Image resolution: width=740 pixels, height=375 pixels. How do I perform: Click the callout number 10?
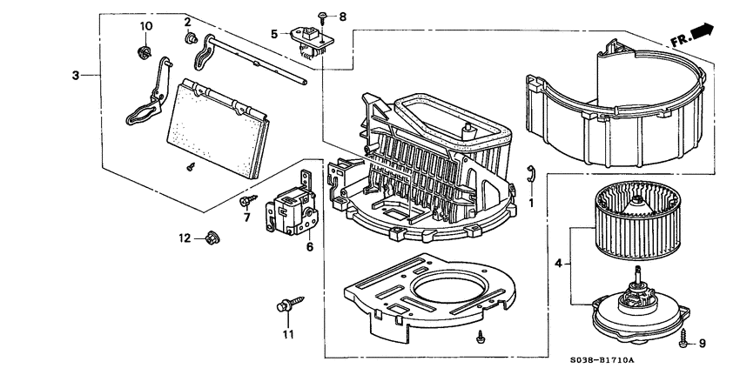(146, 26)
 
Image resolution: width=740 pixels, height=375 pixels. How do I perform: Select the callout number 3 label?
(77, 76)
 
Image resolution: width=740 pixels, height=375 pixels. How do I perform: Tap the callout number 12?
(185, 238)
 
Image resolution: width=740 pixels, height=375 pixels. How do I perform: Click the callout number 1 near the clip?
(530, 202)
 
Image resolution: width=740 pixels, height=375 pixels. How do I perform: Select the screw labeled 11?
(285, 307)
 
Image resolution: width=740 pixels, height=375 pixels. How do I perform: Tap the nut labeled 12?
(211, 237)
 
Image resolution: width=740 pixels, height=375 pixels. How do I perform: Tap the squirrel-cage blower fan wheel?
(636, 221)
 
